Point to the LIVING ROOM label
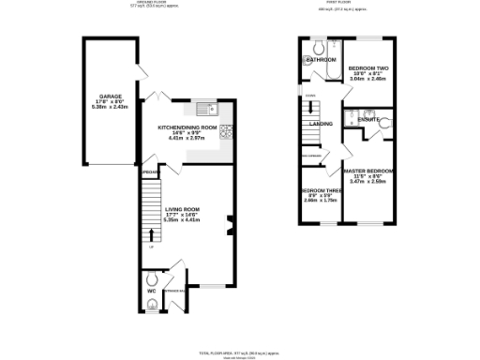point(184,208)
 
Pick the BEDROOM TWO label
point(367,68)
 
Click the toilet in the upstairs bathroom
point(319,46)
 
